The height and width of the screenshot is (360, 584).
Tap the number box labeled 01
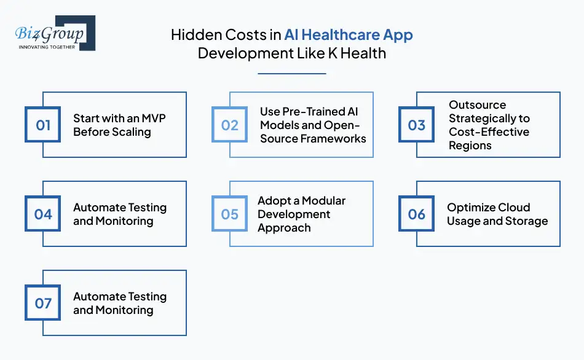pos(43,125)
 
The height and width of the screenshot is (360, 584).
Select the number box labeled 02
pos(230,125)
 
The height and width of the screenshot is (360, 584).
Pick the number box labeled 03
pos(417,125)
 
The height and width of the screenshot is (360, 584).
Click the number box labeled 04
pos(43,214)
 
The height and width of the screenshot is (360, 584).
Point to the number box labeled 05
pos(230,214)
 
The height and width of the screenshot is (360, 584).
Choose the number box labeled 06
pos(417,214)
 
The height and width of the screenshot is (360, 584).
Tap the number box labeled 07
pos(43,303)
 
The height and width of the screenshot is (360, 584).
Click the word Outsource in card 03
pos(478,105)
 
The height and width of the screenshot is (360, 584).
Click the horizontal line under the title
pos(291,74)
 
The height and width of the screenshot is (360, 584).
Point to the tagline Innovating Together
pos(47,47)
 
